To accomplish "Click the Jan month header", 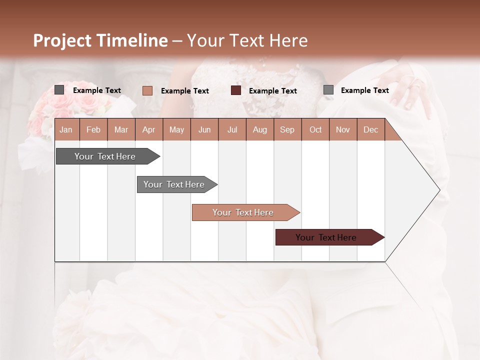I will coord(66,129).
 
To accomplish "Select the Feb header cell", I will coord(93,129).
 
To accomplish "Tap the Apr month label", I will coord(148,129).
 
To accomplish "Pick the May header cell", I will coord(176,129).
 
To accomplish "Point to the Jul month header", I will coord(232,129).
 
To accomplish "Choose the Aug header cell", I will coord(259,129).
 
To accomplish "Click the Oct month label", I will coord(315,129).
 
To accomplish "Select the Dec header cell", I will coord(370,129).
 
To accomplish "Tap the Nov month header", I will coord(342,129).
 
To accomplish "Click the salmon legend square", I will coord(147,90).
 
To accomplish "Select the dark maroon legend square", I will coord(236,90).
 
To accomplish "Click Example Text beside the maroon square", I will coord(272,91).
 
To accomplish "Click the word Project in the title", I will coord(62,40).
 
